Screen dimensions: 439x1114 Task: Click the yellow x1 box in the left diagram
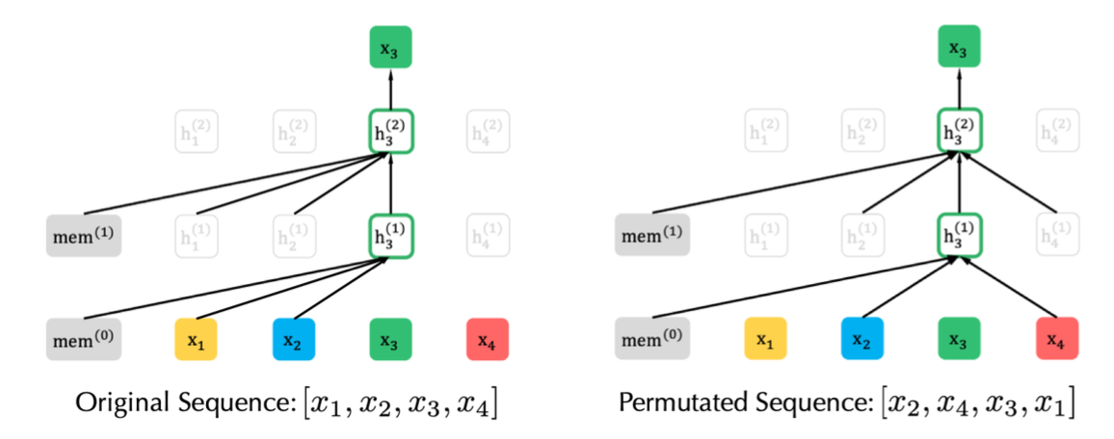[196, 339]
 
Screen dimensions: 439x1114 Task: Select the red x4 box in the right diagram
[1056, 339]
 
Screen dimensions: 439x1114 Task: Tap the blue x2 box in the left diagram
[293, 339]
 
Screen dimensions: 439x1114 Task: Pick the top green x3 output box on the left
[390, 47]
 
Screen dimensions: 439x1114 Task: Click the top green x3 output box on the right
[959, 47]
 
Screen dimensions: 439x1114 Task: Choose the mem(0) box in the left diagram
[84, 339]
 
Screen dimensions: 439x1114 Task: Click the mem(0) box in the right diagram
[652, 339]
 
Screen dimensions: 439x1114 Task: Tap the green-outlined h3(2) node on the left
[390, 133]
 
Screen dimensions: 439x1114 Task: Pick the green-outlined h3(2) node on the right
[959, 133]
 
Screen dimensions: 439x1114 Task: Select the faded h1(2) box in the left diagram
[196, 133]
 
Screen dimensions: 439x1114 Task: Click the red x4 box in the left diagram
[488, 339]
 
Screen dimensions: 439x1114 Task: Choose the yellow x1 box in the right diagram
[765, 339]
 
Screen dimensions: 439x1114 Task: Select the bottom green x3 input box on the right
[959, 339]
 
